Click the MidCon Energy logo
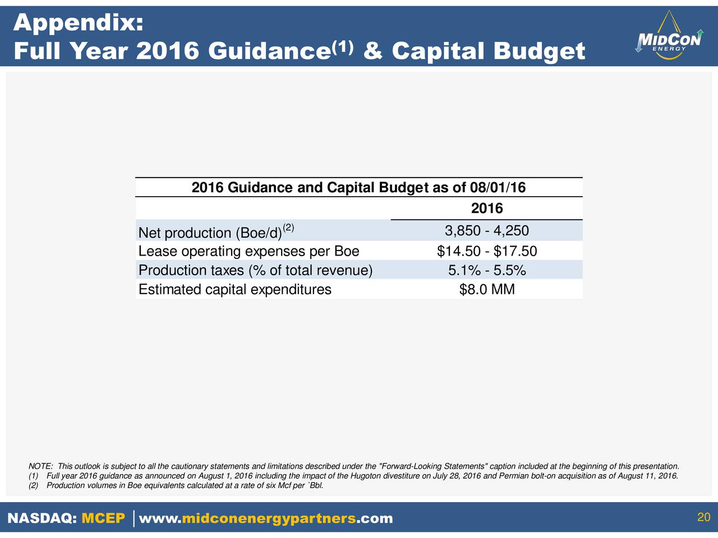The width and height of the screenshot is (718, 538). tap(669, 35)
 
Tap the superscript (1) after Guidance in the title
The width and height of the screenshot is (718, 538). tap(343, 48)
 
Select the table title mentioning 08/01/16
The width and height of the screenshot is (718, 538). tap(358, 188)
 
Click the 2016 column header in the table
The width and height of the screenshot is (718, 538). tap(487, 208)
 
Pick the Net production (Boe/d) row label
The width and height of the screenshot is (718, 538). tap(216, 231)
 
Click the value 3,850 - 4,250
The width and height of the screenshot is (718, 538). tap(487, 231)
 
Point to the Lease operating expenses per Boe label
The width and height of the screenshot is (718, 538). tap(249, 251)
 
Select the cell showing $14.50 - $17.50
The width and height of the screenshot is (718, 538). tap(487, 251)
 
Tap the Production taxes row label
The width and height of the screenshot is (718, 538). tap(255, 270)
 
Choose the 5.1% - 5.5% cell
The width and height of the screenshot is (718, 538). tap(487, 271)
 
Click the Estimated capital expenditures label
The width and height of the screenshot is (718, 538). tap(235, 289)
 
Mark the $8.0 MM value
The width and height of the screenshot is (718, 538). tap(487, 289)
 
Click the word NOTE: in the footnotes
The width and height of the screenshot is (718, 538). tap(40, 466)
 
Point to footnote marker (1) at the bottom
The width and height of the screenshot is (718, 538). tap(33, 476)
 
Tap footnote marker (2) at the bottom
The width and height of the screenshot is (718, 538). tap(33, 485)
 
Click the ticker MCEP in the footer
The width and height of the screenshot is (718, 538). tap(103, 518)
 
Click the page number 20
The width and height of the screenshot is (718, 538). tap(703, 517)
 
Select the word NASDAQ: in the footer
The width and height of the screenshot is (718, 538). tap(42, 518)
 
